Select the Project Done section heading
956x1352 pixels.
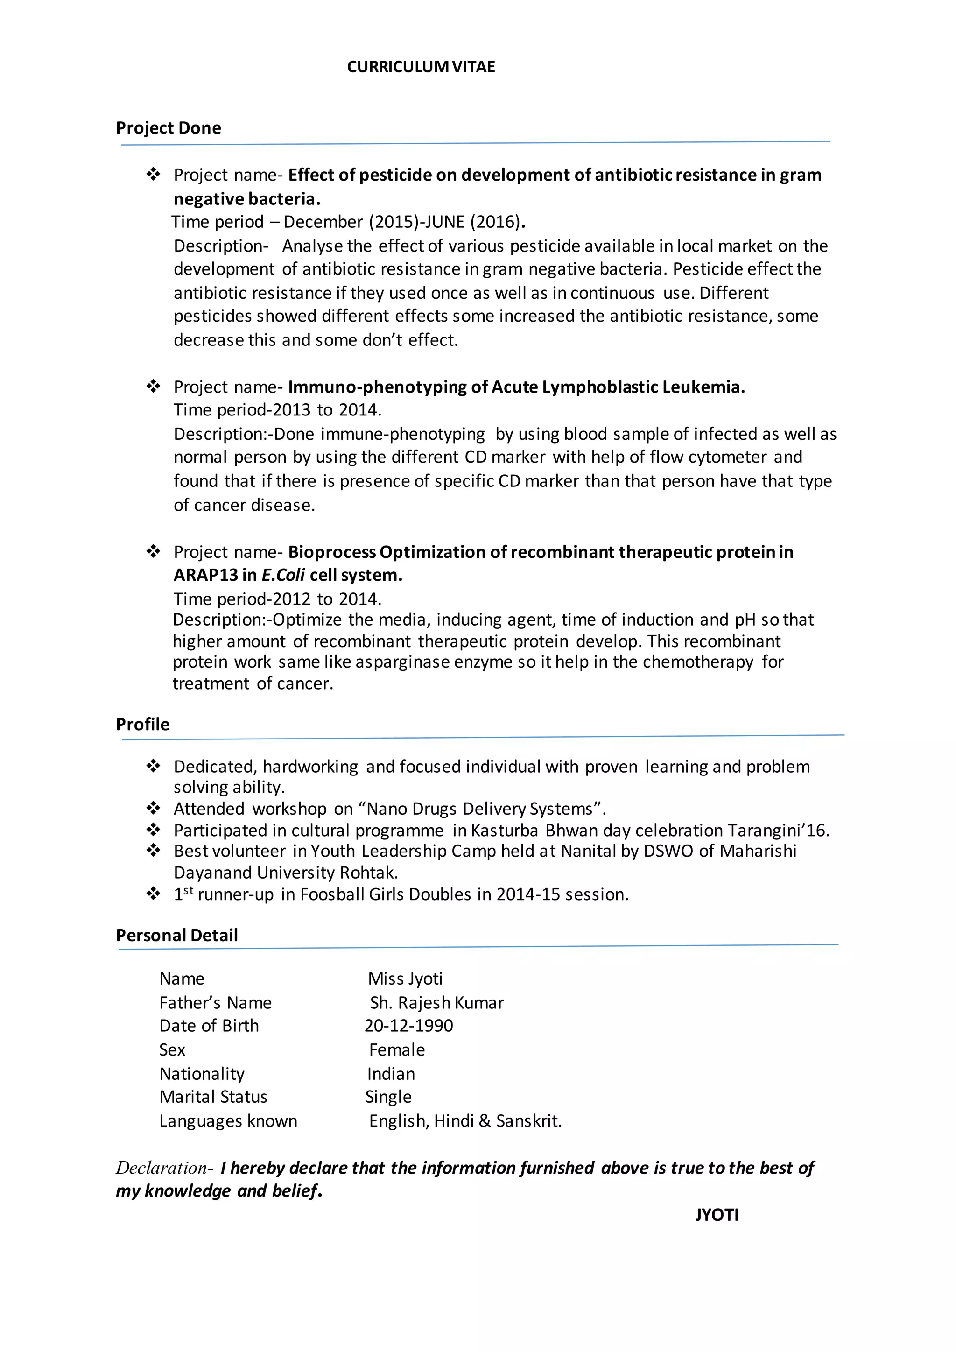[x=169, y=128]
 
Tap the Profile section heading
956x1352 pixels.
[x=142, y=724]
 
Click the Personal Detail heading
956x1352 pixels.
[x=176, y=935]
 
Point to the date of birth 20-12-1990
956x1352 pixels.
[x=408, y=1025]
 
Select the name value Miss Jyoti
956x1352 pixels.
[x=405, y=978]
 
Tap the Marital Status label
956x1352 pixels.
[x=213, y=1097]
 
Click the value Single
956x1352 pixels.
[x=388, y=1097]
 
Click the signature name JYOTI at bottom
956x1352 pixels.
[x=717, y=1215]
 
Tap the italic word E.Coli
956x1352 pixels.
[x=283, y=575]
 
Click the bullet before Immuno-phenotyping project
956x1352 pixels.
[x=153, y=387]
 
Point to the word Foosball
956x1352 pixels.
[x=332, y=894]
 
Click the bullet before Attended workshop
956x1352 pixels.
[x=153, y=809]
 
